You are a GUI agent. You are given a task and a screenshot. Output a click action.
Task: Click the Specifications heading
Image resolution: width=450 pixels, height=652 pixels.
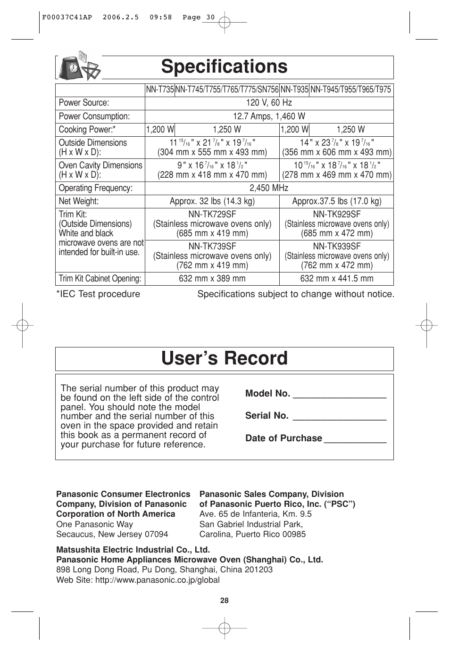[x=224, y=67]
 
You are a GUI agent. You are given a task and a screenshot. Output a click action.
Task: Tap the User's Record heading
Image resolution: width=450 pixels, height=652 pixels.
[x=224, y=358]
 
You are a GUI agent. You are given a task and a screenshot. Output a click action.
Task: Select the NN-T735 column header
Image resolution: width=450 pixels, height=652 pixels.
[x=160, y=90]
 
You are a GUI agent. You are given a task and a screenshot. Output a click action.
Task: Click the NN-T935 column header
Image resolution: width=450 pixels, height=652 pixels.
[x=294, y=90]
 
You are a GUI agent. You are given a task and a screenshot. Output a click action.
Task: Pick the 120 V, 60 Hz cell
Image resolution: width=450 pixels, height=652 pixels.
[x=269, y=103]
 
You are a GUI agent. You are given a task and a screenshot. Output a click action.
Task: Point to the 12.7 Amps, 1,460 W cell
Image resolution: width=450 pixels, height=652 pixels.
[x=269, y=116]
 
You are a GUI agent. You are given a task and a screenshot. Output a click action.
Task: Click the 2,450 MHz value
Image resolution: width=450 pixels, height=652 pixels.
[x=269, y=188]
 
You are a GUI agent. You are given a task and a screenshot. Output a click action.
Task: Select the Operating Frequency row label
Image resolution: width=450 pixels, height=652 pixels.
[x=95, y=188]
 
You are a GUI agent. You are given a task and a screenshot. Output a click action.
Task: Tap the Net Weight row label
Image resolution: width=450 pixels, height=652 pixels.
[x=78, y=201]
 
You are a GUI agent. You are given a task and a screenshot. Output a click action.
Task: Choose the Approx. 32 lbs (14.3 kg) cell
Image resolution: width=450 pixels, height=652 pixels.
[x=212, y=201]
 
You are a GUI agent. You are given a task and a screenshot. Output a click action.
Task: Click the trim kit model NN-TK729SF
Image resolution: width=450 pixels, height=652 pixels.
[x=212, y=215]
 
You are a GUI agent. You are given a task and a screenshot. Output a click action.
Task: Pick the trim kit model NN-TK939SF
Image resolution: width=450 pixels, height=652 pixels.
[x=337, y=247]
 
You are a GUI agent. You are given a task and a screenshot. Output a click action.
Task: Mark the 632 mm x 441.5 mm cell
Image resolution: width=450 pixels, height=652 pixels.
[x=337, y=279]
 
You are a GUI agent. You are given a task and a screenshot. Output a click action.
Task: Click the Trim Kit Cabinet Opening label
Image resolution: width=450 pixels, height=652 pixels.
[x=100, y=279]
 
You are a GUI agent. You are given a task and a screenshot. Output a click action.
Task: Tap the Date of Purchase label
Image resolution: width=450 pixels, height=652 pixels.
[x=283, y=438]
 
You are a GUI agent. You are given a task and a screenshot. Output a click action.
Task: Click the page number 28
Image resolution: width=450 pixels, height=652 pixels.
[x=225, y=601]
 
